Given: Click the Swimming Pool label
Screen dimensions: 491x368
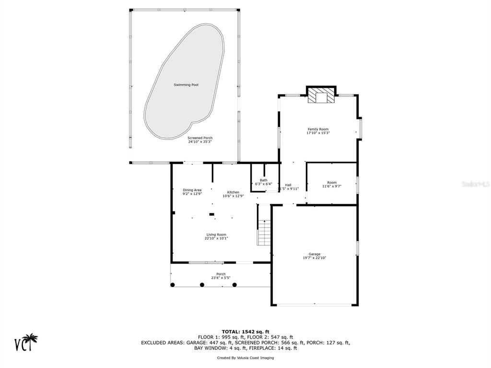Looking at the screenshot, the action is click(x=186, y=85).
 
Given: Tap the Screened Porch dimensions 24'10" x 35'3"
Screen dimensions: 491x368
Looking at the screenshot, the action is click(x=200, y=142).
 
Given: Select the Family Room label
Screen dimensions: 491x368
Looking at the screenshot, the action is click(x=318, y=129).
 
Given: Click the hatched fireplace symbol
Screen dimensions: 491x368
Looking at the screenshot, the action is click(x=321, y=95).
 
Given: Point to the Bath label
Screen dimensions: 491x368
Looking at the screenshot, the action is click(x=264, y=180).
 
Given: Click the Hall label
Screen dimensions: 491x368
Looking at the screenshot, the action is click(x=288, y=185).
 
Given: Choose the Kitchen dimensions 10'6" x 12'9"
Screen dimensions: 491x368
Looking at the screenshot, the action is click(x=234, y=196).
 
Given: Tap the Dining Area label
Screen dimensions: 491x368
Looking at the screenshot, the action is click(x=192, y=190).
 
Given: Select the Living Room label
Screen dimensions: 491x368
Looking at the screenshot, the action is click(x=216, y=235).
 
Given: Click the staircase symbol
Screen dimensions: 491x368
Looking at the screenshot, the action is click(x=264, y=233).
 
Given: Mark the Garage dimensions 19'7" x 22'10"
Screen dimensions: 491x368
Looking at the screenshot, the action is click(x=315, y=258).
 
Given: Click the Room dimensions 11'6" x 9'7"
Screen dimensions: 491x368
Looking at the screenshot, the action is click(x=332, y=186).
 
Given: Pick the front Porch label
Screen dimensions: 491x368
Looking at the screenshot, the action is click(x=221, y=274).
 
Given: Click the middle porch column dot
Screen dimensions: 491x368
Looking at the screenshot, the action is click(x=202, y=285).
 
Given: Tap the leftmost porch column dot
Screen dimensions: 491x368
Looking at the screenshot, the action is click(x=173, y=285).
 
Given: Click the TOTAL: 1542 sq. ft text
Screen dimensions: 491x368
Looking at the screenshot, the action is click(x=245, y=332).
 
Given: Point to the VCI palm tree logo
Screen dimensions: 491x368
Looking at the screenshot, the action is click(x=26, y=342).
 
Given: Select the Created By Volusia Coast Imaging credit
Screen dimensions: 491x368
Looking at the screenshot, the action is click(x=245, y=357).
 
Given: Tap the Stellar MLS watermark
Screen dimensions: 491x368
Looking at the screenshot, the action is click(x=476, y=184).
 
